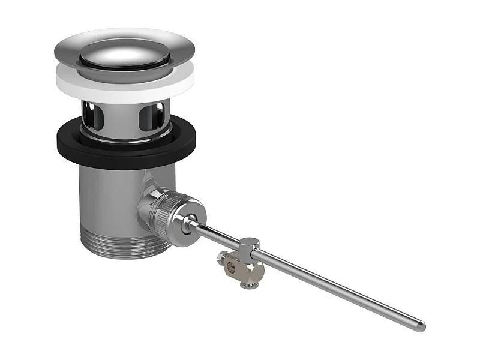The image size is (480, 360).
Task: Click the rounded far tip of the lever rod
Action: click(x=422, y=326)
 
